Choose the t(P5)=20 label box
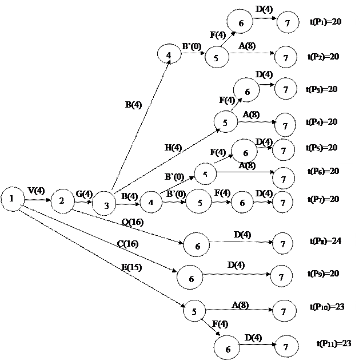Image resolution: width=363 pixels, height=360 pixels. (324, 148)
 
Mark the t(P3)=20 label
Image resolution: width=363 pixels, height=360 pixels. (324, 89)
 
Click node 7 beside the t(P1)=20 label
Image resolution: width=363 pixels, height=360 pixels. (288, 23)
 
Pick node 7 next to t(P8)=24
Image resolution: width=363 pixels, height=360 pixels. (283, 244)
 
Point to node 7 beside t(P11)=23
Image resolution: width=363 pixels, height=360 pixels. (286, 347)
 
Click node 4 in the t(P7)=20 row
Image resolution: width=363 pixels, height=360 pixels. (151, 203)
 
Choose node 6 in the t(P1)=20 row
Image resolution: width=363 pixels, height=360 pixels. (241, 23)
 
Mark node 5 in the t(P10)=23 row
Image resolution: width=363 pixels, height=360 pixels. (194, 312)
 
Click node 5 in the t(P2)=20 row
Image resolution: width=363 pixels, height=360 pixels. (216, 58)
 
